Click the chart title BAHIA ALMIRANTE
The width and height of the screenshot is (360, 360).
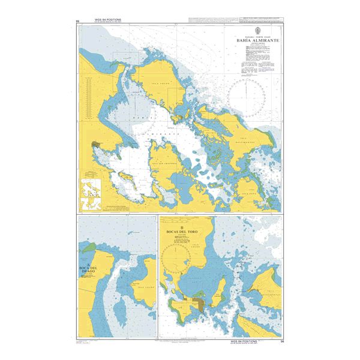click(256, 41)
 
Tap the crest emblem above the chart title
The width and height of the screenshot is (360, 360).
click(256, 29)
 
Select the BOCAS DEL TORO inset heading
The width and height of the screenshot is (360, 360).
click(182, 231)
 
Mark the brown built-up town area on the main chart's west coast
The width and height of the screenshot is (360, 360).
click(96, 145)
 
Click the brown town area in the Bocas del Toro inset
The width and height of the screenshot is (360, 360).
click(196, 304)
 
